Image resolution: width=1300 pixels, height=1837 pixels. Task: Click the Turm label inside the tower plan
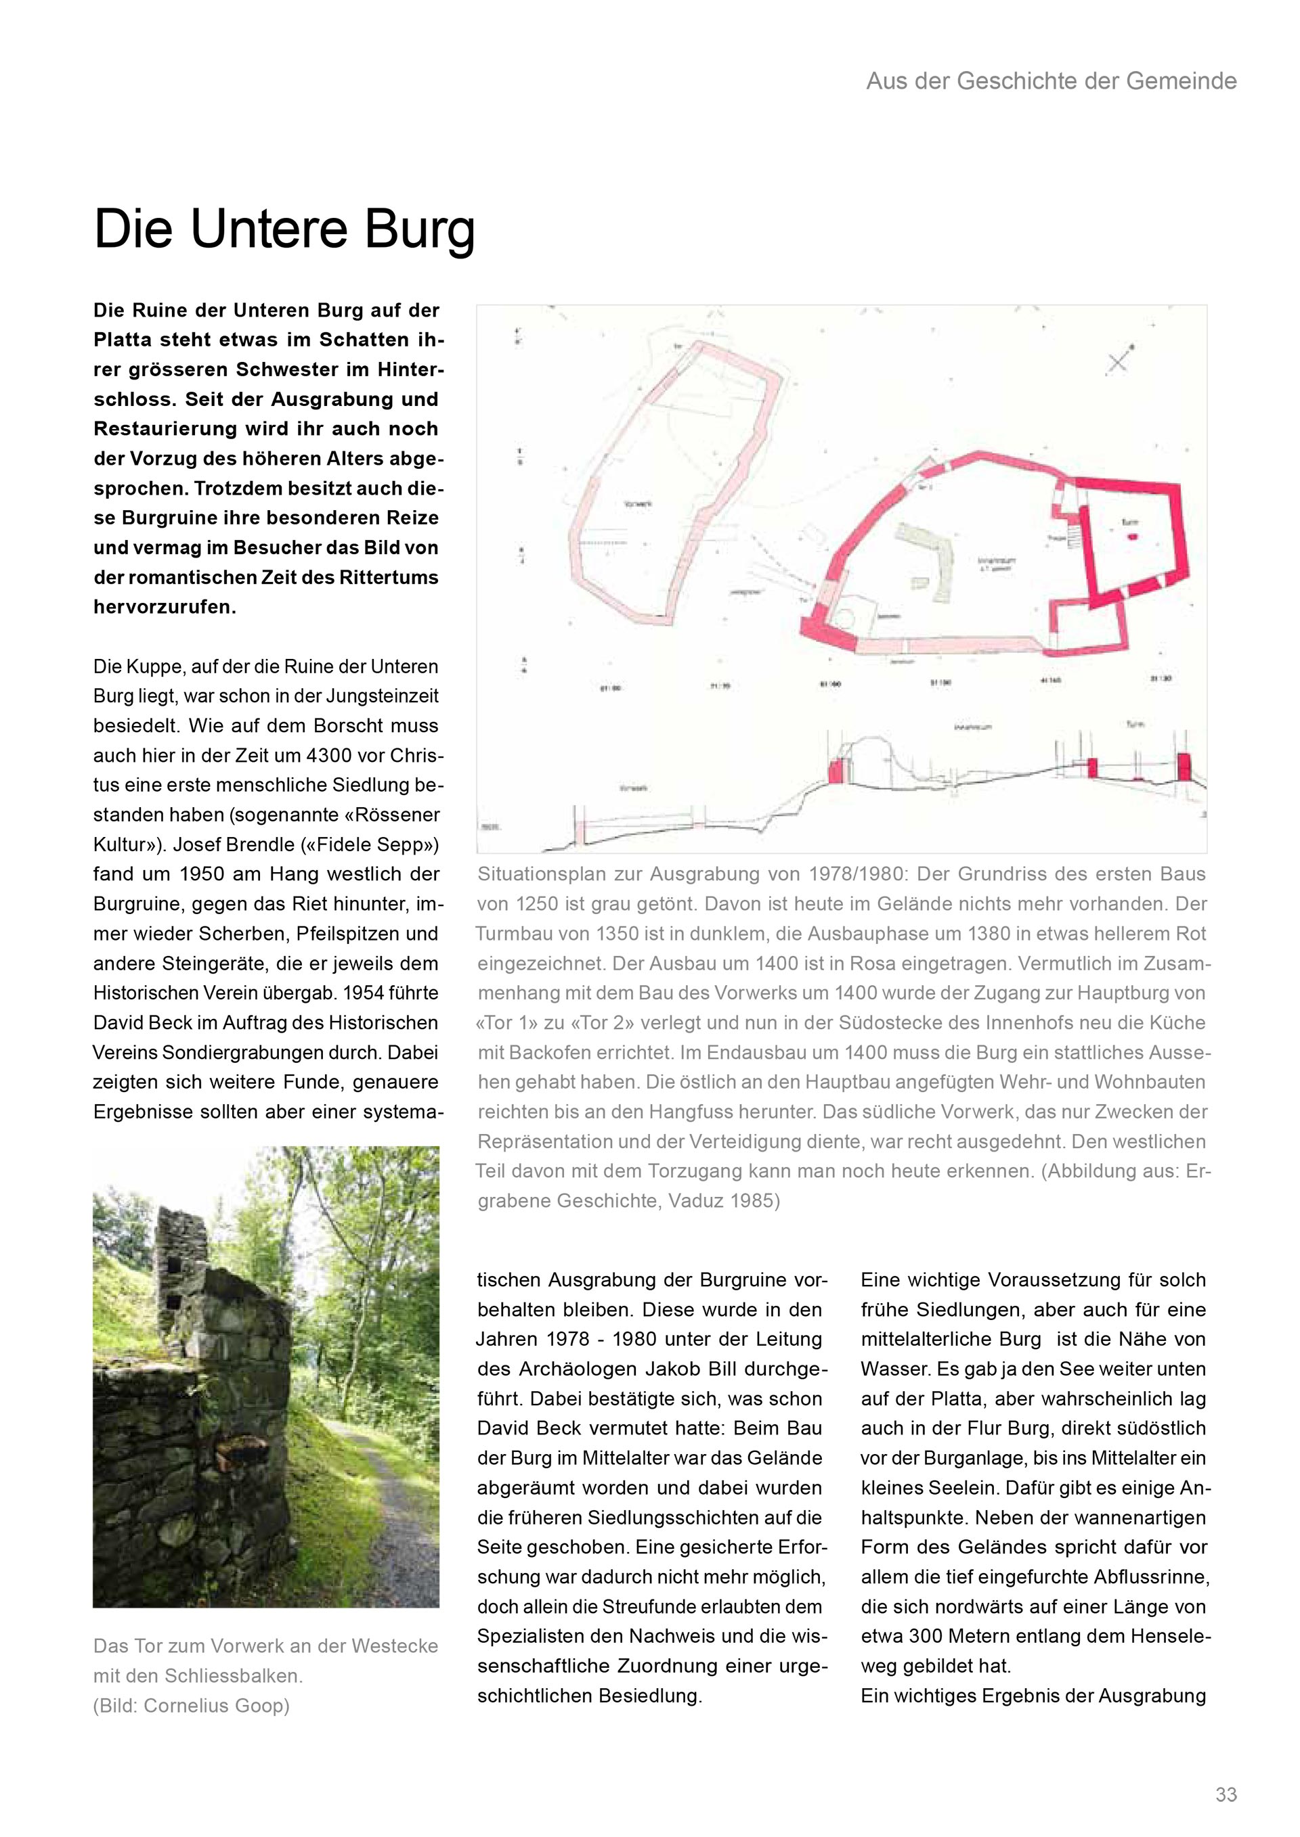click(x=1129, y=522)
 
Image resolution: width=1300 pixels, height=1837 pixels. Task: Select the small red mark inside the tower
click(x=1131, y=536)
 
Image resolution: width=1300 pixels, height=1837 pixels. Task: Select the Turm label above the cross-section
click(x=1135, y=724)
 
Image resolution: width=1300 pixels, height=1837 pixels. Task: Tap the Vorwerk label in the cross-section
click(x=634, y=788)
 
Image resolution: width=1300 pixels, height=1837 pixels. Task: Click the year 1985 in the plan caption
click(x=754, y=1201)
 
